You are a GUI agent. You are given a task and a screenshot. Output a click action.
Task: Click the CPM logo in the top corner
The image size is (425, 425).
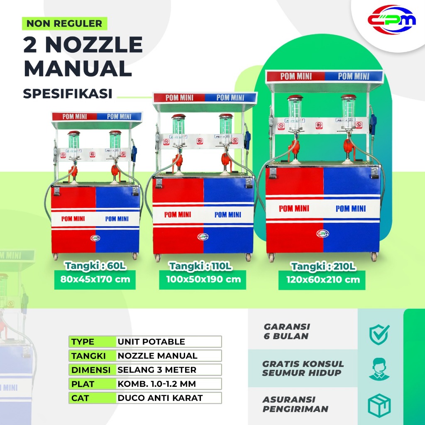click(x=391, y=20)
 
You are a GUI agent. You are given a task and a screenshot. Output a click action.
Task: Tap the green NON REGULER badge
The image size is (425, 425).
click(x=64, y=23)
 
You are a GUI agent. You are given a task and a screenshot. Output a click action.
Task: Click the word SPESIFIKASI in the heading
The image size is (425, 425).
click(x=68, y=93)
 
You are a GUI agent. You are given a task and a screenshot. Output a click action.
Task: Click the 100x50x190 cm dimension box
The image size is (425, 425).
click(x=203, y=279)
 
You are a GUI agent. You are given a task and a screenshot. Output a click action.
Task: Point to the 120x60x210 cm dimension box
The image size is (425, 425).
click(x=322, y=279)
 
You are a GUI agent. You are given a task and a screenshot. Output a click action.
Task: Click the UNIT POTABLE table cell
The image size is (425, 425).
click(x=169, y=342)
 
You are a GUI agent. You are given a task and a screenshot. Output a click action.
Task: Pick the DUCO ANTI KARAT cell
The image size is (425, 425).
click(x=169, y=398)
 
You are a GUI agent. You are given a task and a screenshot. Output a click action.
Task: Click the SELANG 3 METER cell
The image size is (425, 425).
click(x=169, y=369)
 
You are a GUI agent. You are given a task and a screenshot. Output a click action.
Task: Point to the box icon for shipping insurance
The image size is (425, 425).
click(x=379, y=405)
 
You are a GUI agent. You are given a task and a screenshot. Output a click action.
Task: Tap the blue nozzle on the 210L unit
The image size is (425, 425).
click(x=373, y=122)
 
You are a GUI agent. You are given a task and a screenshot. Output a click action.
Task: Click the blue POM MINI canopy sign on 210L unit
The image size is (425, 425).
click(x=353, y=76)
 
